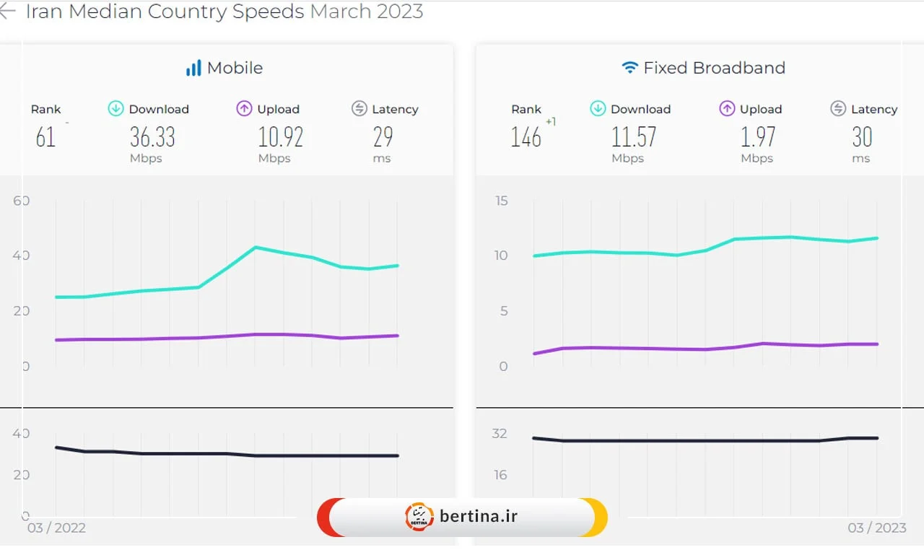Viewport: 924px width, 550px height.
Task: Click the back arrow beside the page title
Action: tap(7, 12)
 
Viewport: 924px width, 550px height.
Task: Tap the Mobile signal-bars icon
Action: tap(193, 69)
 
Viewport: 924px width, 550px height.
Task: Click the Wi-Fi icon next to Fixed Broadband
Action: tap(629, 68)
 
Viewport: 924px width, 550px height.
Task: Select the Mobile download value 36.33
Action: tap(152, 136)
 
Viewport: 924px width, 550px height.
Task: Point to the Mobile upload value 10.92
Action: tap(280, 136)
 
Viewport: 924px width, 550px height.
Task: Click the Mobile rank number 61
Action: tap(45, 136)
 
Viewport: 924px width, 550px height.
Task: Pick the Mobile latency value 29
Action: tap(383, 136)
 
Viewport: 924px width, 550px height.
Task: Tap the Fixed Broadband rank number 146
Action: tap(526, 136)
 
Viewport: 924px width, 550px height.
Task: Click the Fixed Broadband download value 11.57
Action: tap(634, 136)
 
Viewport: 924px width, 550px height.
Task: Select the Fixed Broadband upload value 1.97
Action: tap(758, 136)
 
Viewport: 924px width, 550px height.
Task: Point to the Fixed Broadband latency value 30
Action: tap(862, 136)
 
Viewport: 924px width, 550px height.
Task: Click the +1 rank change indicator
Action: tap(551, 122)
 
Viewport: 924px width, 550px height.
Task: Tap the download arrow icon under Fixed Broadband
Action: tap(598, 109)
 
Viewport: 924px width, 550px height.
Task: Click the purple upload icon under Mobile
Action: tap(244, 109)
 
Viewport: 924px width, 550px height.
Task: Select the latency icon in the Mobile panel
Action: tap(359, 109)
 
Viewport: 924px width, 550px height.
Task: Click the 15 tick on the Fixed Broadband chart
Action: tap(501, 201)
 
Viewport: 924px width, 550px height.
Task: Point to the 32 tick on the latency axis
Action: tap(500, 434)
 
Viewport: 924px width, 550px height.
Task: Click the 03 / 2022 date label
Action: tap(56, 528)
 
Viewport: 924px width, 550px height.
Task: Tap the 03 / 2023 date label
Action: tap(876, 528)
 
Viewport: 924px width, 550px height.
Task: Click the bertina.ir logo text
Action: tap(479, 516)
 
